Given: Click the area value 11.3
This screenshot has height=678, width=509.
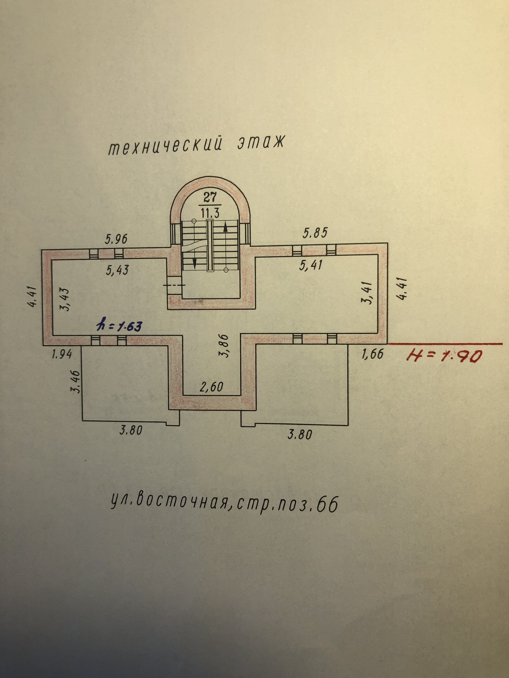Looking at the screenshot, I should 210,212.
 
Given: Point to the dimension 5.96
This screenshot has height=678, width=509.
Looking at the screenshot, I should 116,239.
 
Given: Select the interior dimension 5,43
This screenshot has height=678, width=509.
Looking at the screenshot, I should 117,270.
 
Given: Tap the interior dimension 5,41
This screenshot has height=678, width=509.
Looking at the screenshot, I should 310,265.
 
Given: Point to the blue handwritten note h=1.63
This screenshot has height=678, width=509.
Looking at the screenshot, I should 120,326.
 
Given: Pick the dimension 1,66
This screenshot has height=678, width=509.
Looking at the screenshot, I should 372,354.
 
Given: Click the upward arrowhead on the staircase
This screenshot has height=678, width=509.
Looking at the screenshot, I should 226,226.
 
